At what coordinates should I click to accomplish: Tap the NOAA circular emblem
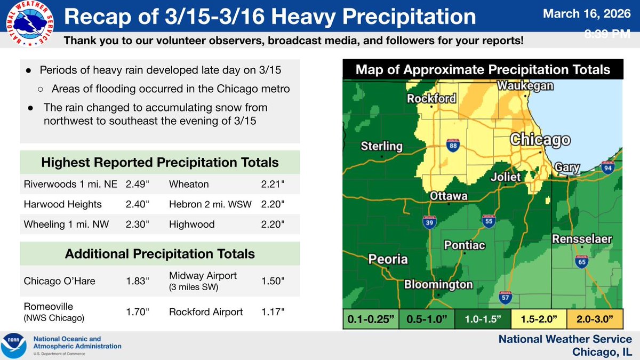[14, 346]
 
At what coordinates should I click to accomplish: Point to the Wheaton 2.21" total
[273, 185]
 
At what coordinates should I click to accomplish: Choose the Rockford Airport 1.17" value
[273, 312]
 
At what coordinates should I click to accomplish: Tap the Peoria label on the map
[388, 260]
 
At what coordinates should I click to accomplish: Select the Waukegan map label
[525, 86]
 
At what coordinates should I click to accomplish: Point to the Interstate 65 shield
[582, 262]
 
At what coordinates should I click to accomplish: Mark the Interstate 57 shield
[505, 297]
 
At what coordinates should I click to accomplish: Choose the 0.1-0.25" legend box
[370, 320]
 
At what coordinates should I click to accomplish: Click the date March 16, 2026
[587, 14]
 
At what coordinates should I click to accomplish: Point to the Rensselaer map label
[581, 238]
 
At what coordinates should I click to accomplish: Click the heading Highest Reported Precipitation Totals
[160, 162]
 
